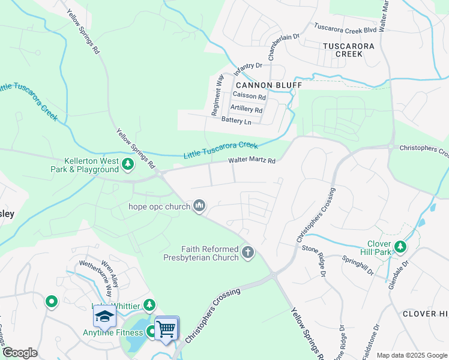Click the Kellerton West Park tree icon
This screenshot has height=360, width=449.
click(x=127, y=164)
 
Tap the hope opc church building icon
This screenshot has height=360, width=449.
click(x=199, y=206)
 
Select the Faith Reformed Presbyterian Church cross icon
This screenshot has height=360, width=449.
click(x=247, y=253)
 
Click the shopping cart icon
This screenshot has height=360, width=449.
click(x=166, y=328)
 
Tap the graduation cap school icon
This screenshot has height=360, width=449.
click(x=104, y=317)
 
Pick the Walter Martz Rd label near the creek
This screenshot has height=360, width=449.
click(x=252, y=161)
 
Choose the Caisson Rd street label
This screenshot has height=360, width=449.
click(x=249, y=97)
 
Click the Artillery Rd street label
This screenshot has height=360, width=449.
click(x=246, y=109)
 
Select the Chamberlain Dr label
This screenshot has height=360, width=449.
click(x=283, y=45)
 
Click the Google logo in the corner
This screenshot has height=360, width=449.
click(x=20, y=353)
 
